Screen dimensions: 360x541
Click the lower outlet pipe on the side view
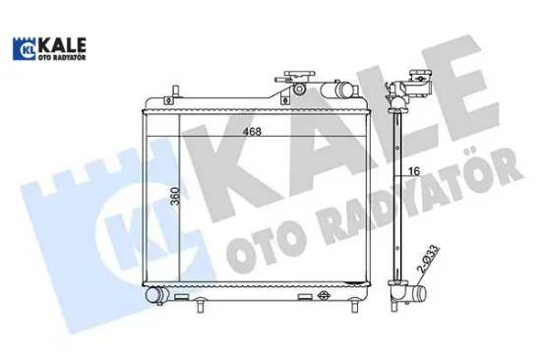[420, 294]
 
